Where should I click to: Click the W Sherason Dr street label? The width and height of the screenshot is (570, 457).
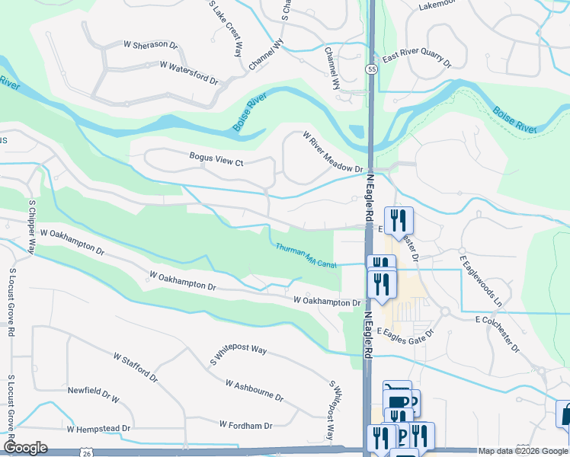pyautogui.click(x=150, y=45)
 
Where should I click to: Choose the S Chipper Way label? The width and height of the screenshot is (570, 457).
pyautogui.click(x=33, y=227)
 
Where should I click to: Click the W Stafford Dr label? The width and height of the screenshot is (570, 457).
pyautogui.click(x=135, y=367)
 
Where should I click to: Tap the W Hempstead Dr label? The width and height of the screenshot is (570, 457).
pyautogui.click(x=98, y=429)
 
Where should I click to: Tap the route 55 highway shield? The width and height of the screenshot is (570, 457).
pyautogui.click(x=371, y=69)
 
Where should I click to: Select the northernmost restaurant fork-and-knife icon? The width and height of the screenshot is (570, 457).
pyautogui.click(x=398, y=220)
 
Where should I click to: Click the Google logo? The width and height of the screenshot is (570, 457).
pyautogui.click(x=25, y=448)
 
